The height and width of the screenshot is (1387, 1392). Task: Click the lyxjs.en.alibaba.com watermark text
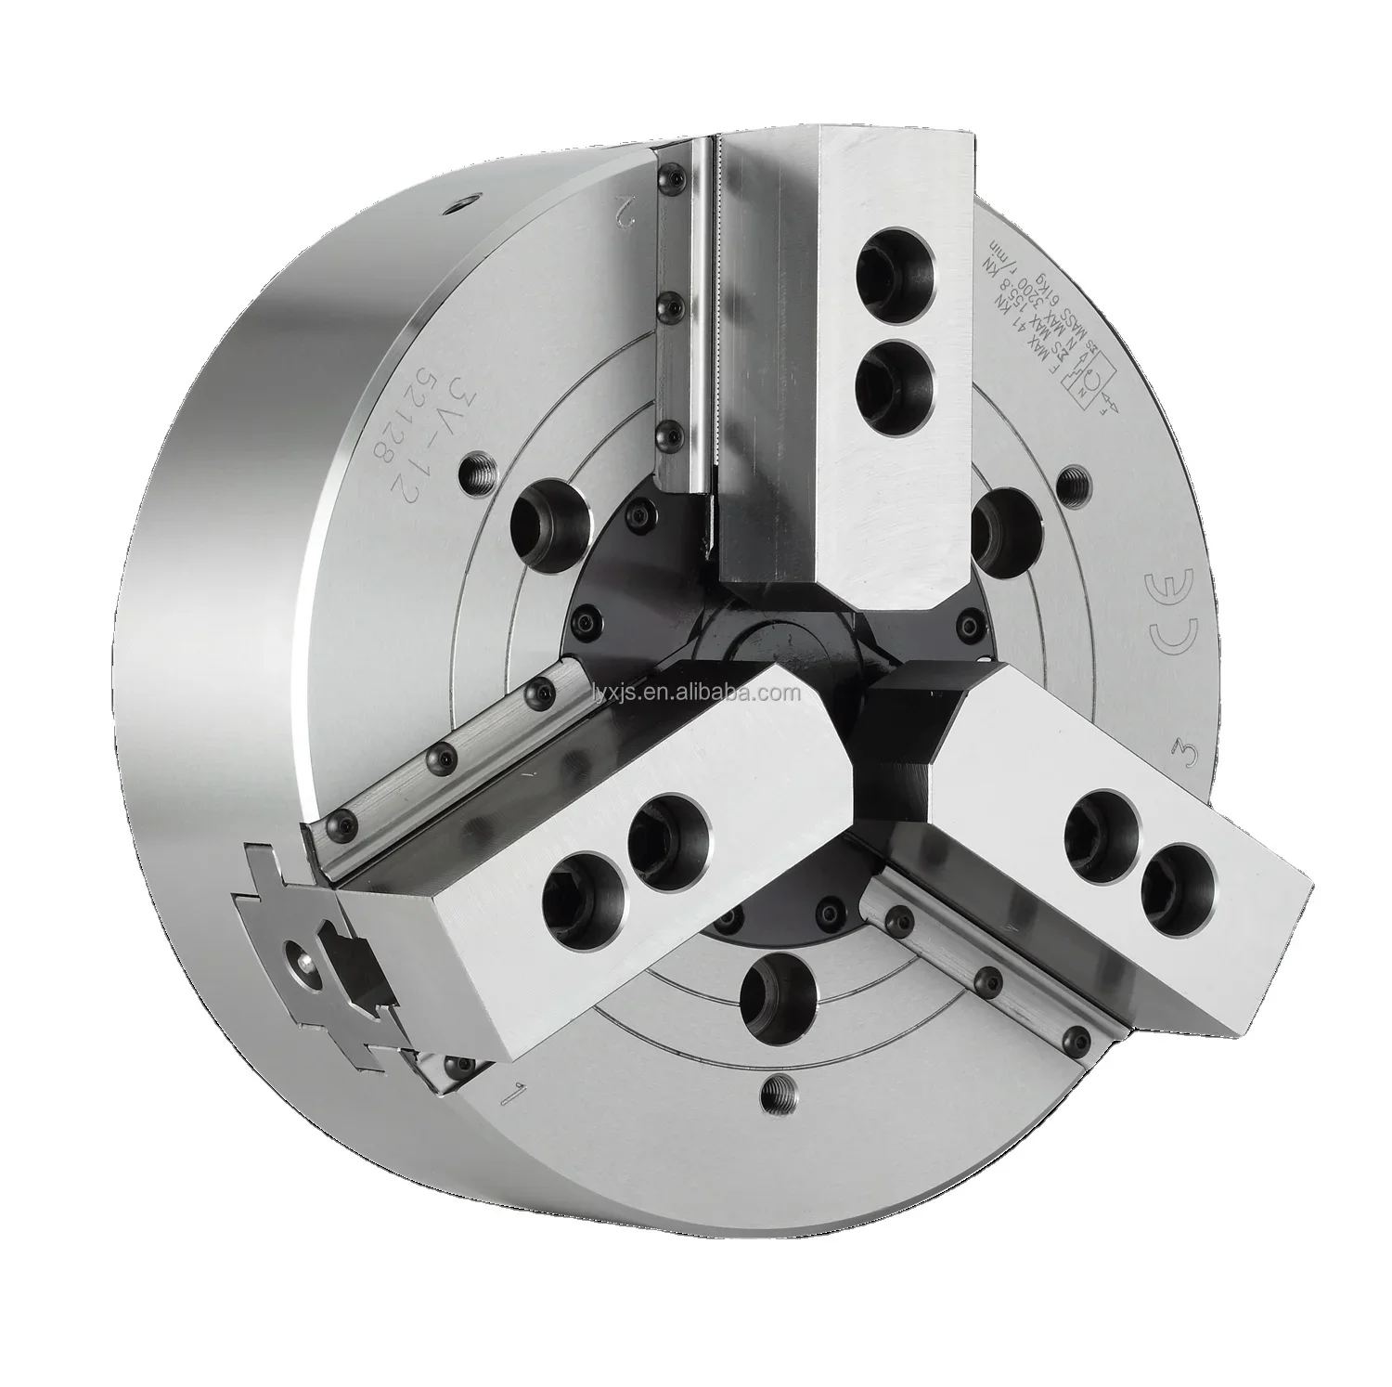coord(684,693)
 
